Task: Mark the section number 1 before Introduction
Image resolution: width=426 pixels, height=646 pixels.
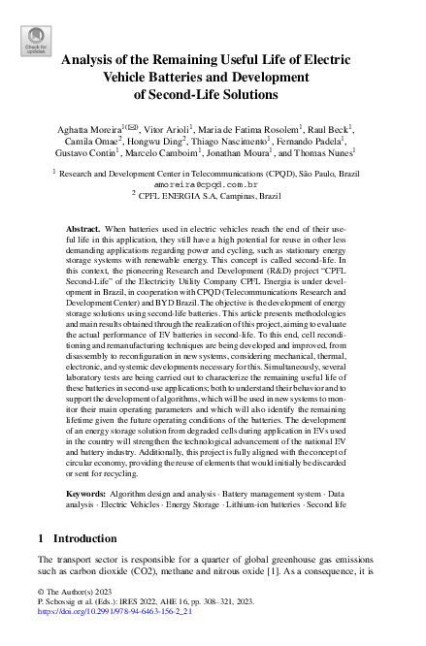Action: pos(40,538)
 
